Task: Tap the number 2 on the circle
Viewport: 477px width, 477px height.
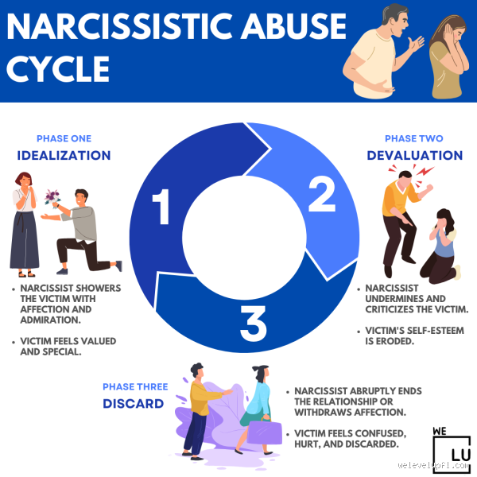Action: pyautogui.click(x=320, y=194)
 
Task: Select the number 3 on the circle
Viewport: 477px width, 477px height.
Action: pyautogui.click(x=252, y=321)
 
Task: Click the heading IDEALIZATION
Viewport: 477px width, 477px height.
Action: pyautogui.click(x=62, y=154)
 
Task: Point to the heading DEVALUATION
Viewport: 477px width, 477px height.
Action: pyautogui.click(x=414, y=154)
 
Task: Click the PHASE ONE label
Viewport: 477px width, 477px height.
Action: pyautogui.click(x=62, y=138)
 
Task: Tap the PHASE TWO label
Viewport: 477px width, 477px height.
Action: pyautogui.click(x=414, y=138)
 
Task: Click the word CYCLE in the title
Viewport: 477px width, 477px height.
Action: pyautogui.click(x=58, y=69)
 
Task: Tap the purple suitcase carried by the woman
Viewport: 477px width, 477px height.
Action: pyautogui.click(x=264, y=432)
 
